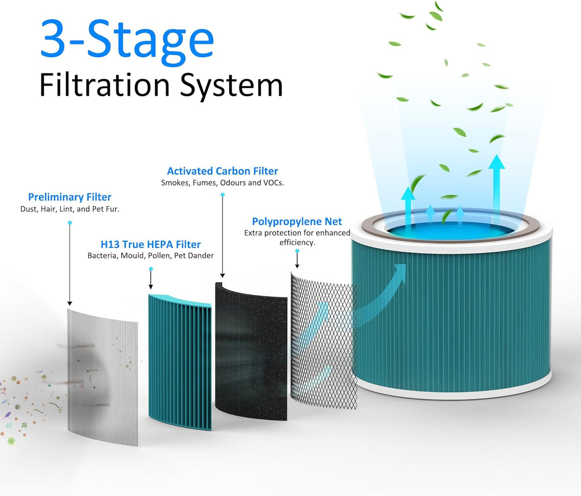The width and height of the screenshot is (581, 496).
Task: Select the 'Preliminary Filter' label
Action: pyautogui.click(x=69, y=197)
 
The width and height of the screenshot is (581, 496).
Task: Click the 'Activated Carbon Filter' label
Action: pyautogui.click(x=222, y=171)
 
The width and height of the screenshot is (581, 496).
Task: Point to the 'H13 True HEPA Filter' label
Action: pyautogui.click(x=150, y=244)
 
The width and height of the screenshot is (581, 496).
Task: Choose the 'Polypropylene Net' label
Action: pyautogui.click(x=297, y=221)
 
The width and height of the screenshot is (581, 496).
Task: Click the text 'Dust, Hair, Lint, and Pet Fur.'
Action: pyautogui.click(x=69, y=209)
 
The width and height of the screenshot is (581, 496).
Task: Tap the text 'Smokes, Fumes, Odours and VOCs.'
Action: pyautogui.click(x=222, y=182)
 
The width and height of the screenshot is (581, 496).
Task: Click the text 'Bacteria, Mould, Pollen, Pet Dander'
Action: pyautogui.click(x=150, y=256)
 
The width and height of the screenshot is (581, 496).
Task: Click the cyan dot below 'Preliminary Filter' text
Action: pyautogui.click(x=70, y=223)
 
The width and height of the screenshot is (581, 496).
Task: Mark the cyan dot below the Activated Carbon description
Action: pyautogui.click(x=223, y=195)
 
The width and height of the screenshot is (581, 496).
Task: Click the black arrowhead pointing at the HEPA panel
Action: pyautogui.click(x=151, y=287)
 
